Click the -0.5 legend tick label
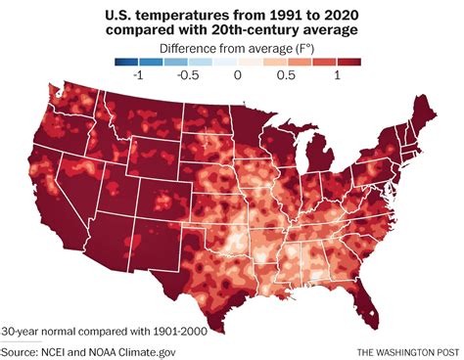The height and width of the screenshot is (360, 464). pos(187,76)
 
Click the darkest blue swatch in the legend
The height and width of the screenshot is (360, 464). pos(124,62)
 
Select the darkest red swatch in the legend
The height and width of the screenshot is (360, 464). pos(349,62)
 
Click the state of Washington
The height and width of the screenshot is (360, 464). pos(73,103)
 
